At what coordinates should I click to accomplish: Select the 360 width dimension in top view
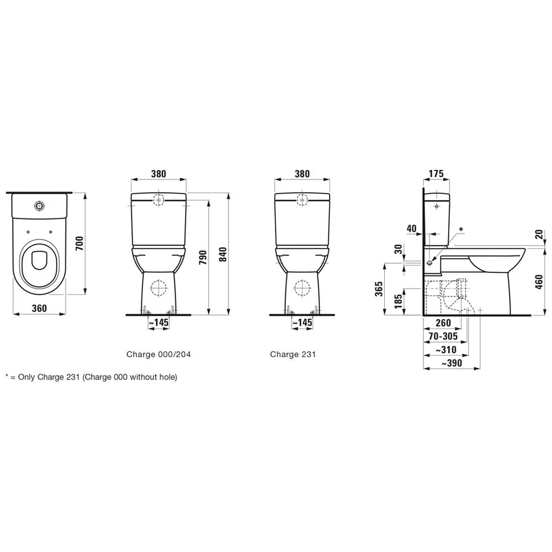(x=39, y=308)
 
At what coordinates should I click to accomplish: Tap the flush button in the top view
(x=39, y=205)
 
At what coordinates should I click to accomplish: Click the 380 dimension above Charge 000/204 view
(x=159, y=173)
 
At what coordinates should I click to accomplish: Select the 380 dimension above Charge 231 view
(x=302, y=173)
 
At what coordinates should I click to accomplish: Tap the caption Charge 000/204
(x=159, y=354)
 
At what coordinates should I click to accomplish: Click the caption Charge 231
(x=293, y=354)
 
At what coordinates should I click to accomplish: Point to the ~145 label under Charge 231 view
(x=302, y=322)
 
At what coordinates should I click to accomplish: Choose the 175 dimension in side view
(x=436, y=173)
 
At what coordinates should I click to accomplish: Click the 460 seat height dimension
(x=540, y=281)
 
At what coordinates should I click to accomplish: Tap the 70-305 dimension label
(x=443, y=335)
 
